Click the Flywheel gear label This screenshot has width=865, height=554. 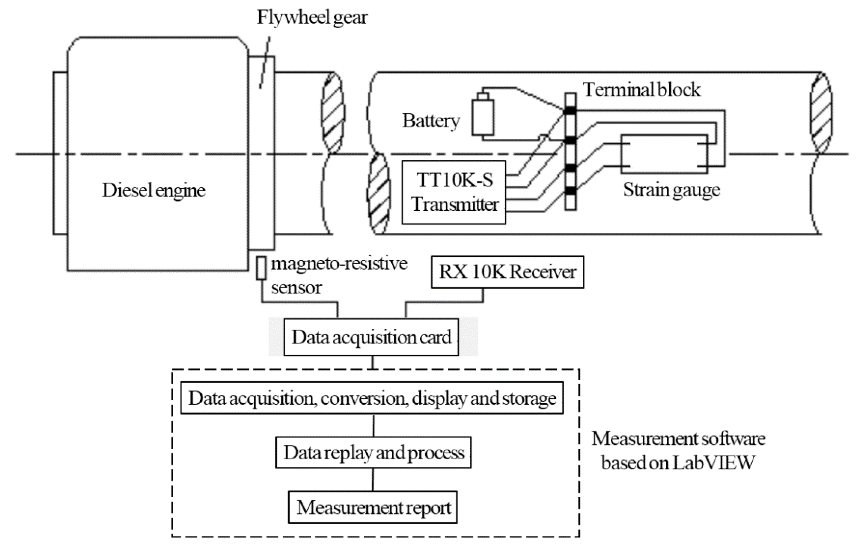312,17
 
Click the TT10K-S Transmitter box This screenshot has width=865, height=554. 453,192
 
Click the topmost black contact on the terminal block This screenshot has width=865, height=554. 570,111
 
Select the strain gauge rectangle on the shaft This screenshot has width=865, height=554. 664,154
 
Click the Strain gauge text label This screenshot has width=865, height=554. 671,190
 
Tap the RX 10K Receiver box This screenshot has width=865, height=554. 507,272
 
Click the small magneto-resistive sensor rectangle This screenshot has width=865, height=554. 261,268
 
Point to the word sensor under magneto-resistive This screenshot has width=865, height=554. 296,288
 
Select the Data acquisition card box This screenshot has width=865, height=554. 371,337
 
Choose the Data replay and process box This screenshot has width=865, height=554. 373,453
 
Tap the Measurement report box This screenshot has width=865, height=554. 373,507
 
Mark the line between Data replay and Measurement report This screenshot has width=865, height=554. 373,480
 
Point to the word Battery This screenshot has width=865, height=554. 431,121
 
